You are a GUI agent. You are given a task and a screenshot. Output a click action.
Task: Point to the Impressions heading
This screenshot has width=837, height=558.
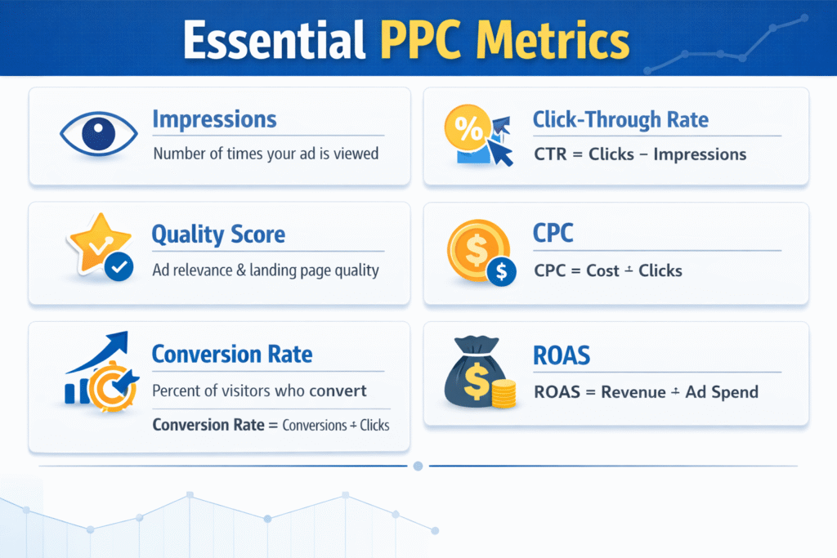click(214, 119)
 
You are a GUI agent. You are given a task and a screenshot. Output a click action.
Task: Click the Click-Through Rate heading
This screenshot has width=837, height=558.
click(620, 120)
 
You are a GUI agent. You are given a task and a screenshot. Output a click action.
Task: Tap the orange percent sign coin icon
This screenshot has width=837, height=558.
click(468, 129)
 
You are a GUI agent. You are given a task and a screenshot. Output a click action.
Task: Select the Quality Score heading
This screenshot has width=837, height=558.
click(218, 235)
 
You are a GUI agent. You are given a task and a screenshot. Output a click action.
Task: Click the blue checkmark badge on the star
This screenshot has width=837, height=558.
click(119, 267)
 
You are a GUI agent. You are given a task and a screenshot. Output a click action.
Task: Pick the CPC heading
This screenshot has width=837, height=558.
click(553, 234)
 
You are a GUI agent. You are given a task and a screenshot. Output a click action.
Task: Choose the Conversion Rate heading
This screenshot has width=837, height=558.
click(232, 355)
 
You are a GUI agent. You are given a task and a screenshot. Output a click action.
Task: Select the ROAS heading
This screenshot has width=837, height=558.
click(561, 355)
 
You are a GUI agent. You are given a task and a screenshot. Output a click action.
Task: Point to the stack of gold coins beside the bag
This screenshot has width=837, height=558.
click(504, 394)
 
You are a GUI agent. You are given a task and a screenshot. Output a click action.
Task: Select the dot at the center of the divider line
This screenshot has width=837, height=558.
click(418, 466)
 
